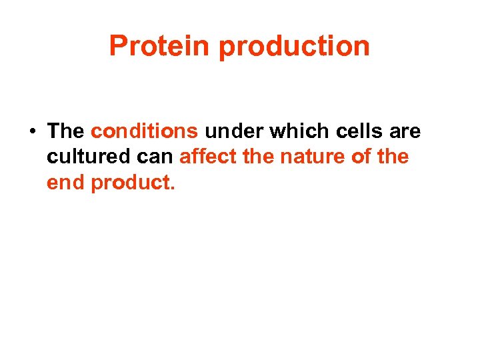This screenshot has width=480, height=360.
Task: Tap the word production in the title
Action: [294, 47]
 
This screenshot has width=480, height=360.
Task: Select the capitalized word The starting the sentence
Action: [65, 131]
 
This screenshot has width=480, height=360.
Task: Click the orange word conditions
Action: [145, 131]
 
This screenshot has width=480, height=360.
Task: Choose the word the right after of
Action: [393, 157]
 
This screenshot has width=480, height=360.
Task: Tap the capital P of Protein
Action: [117, 47]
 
